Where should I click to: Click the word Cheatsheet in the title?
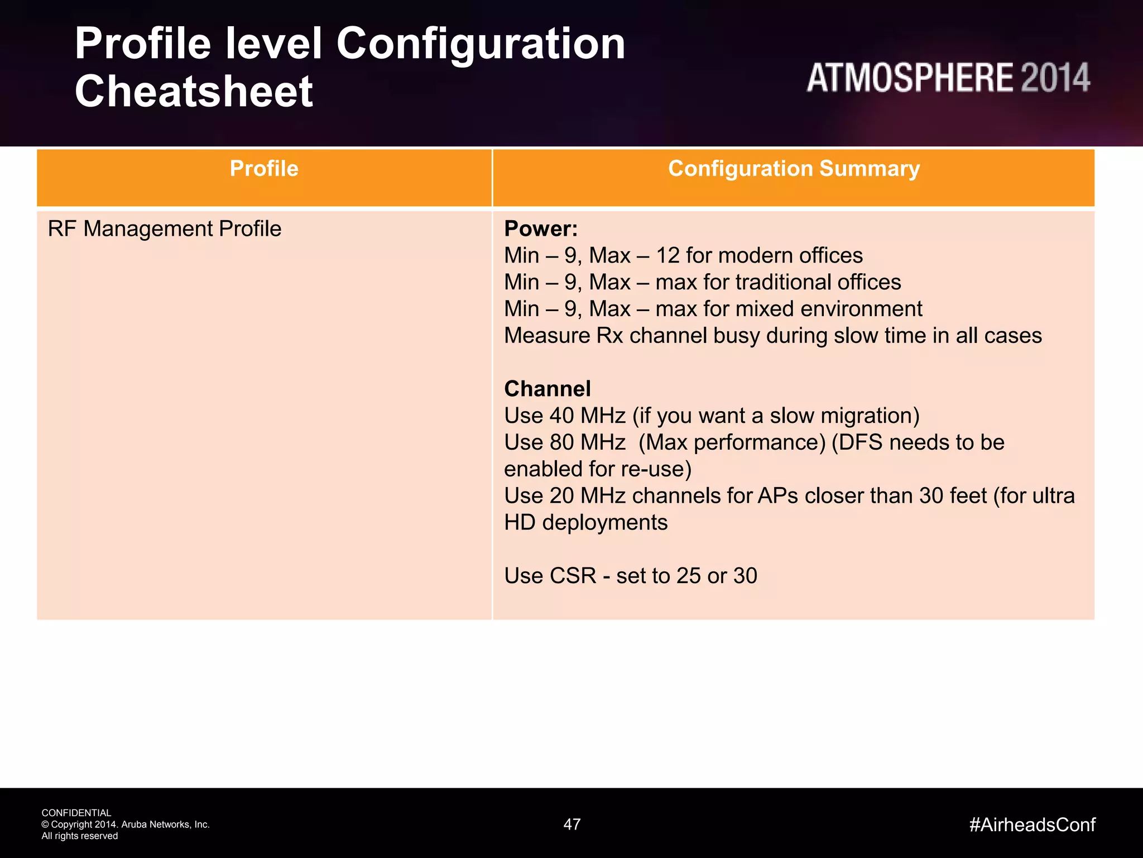tap(194, 92)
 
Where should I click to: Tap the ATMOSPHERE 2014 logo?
tap(948, 78)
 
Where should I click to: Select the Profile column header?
tap(264, 169)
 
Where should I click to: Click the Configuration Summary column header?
tap(794, 169)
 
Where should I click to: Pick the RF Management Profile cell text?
tap(165, 229)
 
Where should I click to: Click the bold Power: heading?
tap(540, 229)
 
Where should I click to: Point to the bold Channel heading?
tap(547, 389)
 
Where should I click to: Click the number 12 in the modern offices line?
tap(667, 256)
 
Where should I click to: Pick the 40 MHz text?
tap(587, 416)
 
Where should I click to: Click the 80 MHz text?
tap(587, 443)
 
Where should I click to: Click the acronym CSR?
tap(573, 576)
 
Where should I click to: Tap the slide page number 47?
tap(572, 824)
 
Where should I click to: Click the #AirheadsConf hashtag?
tap(1032, 824)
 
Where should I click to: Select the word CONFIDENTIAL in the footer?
tap(76, 813)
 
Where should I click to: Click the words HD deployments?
tap(585, 523)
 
